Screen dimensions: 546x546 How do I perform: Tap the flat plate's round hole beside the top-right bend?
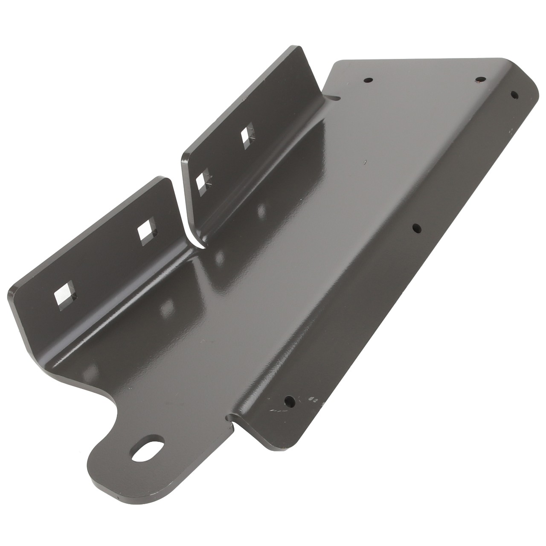pos(481,80)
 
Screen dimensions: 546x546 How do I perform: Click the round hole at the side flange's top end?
pos(514,94)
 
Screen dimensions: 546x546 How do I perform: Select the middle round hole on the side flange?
pos(417,228)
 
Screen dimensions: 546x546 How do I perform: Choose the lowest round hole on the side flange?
pos(290,401)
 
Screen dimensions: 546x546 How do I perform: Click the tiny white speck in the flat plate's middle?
pos(365,162)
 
